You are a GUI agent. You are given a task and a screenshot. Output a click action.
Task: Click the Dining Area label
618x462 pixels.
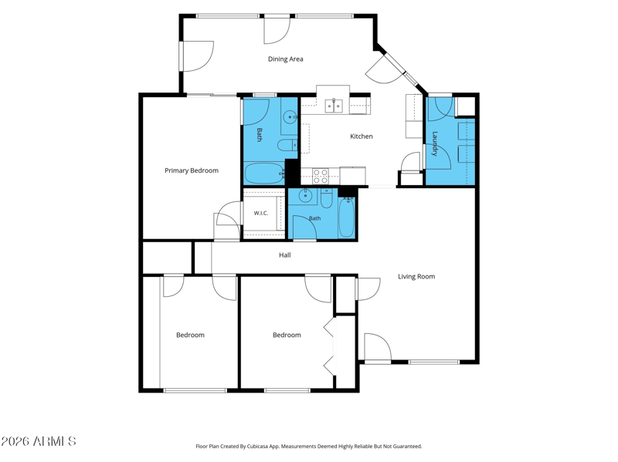[x=285, y=59]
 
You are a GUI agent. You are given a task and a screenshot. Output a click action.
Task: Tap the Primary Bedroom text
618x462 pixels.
[x=191, y=170]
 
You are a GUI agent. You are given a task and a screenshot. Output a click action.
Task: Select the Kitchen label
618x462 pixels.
[x=361, y=137]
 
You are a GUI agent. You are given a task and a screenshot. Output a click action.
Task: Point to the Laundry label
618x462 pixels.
[x=435, y=143]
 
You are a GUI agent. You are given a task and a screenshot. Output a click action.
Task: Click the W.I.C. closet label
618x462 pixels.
[x=260, y=213]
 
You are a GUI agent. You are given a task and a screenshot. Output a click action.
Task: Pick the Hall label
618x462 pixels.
[x=284, y=255]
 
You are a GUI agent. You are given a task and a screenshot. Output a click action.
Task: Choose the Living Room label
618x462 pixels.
[x=416, y=276]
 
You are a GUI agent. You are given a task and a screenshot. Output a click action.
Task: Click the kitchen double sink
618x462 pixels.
[x=334, y=106]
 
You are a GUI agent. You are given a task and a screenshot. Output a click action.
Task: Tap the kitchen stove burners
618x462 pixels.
[x=321, y=176]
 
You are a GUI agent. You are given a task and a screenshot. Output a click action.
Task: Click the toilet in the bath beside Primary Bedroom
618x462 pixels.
[x=287, y=145]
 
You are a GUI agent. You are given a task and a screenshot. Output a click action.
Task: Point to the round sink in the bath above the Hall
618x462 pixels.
[x=305, y=195]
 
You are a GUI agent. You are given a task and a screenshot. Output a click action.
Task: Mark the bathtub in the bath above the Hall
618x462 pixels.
[x=346, y=218]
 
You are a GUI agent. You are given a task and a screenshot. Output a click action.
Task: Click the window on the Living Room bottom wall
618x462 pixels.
[x=433, y=362]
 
